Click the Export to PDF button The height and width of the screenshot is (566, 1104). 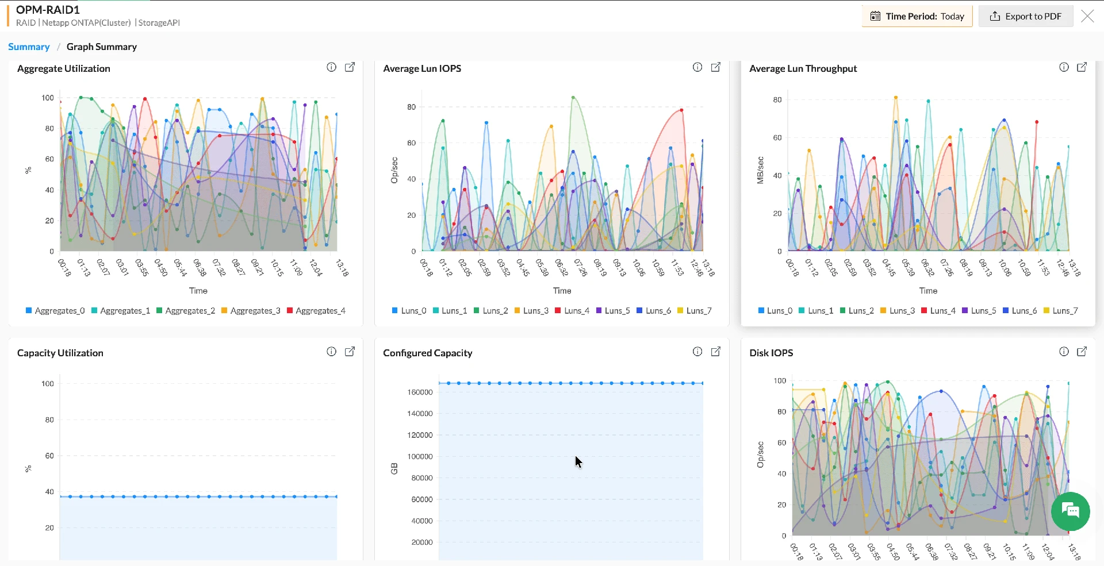[x=1026, y=16]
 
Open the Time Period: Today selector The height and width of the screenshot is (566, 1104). [x=917, y=16]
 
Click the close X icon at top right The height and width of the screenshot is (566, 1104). [x=1087, y=16]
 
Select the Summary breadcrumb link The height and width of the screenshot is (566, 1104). [x=29, y=47]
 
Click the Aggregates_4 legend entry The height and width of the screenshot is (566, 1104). [x=320, y=311]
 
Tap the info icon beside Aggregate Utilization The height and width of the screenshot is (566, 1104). [x=331, y=67]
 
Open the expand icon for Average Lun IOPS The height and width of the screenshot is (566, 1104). [x=716, y=67]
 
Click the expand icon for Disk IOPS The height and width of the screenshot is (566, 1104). [x=1082, y=352]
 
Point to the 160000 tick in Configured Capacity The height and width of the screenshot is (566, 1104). [x=420, y=392]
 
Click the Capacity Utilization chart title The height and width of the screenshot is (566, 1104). [x=60, y=353]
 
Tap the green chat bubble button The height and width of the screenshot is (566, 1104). [x=1070, y=511]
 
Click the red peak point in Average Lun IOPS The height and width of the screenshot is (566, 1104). [x=681, y=110]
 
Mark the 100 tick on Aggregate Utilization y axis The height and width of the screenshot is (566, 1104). [x=48, y=98]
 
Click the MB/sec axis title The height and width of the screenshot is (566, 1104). [x=760, y=170]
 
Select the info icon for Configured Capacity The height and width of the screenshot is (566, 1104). [x=697, y=352]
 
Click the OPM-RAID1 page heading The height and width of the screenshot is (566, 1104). [x=48, y=10]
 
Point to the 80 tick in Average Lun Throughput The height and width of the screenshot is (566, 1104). [x=777, y=100]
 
